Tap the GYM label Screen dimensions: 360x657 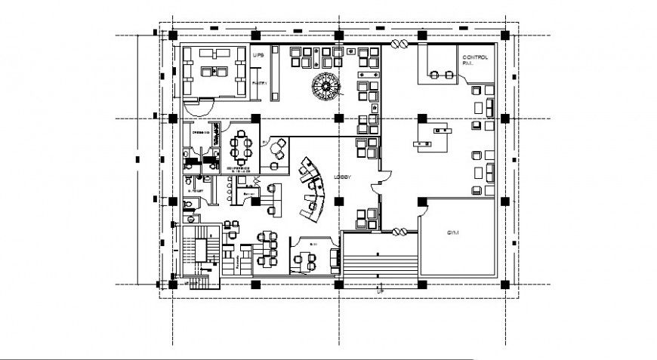(x=452, y=233)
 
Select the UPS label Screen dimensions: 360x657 (x=258, y=55)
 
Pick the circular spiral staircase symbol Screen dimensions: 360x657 (x=325, y=87)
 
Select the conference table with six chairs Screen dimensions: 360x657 (x=242, y=146)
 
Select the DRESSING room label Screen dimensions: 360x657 (x=200, y=133)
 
